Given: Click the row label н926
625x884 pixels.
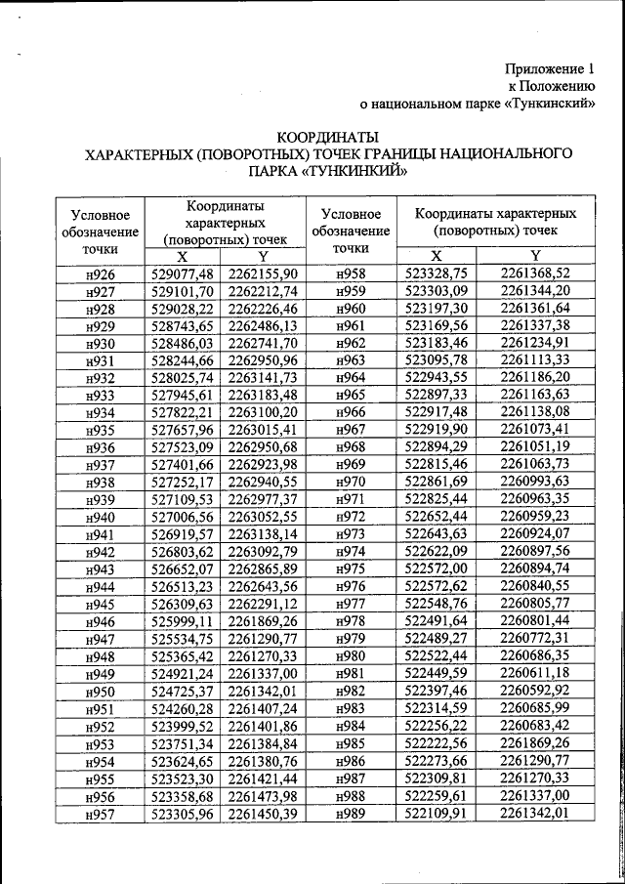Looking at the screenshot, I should [x=101, y=274].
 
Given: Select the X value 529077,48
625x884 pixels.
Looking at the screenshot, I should [x=183, y=274].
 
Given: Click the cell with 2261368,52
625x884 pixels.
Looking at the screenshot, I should [x=534, y=274].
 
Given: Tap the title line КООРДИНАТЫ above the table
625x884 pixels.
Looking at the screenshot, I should [x=328, y=137].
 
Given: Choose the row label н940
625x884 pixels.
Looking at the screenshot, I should [x=101, y=518].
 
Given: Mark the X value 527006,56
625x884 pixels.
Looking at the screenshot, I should [x=183, y=518].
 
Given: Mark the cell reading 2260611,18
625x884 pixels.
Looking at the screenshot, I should [x=534, y=674].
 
